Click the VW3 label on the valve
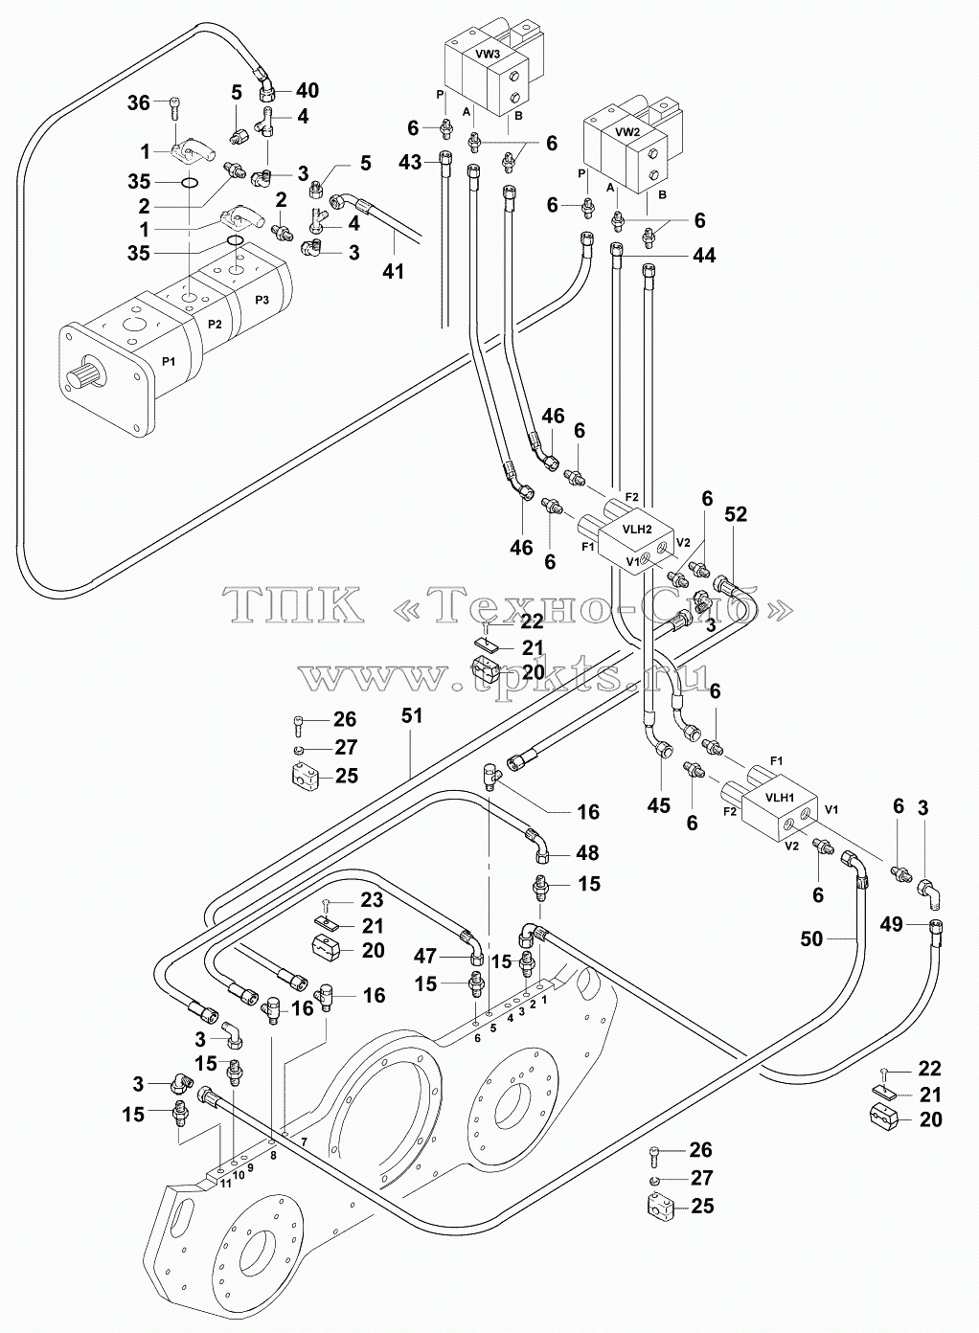(488, 54)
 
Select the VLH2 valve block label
(637, 529)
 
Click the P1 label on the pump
(169, 361)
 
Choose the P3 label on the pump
(262, 300)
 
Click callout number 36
(139, 103)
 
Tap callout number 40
(307, 90)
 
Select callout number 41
(393, 271)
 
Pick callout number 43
(410, 162)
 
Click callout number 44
(704, 256)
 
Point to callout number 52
(736, 514)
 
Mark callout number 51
(411, 715)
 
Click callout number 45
(658, 805)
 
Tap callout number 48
(587, 853)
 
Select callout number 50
(811, 938)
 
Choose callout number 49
(892, 924)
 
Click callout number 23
(372, 899)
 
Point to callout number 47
(426, 956)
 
